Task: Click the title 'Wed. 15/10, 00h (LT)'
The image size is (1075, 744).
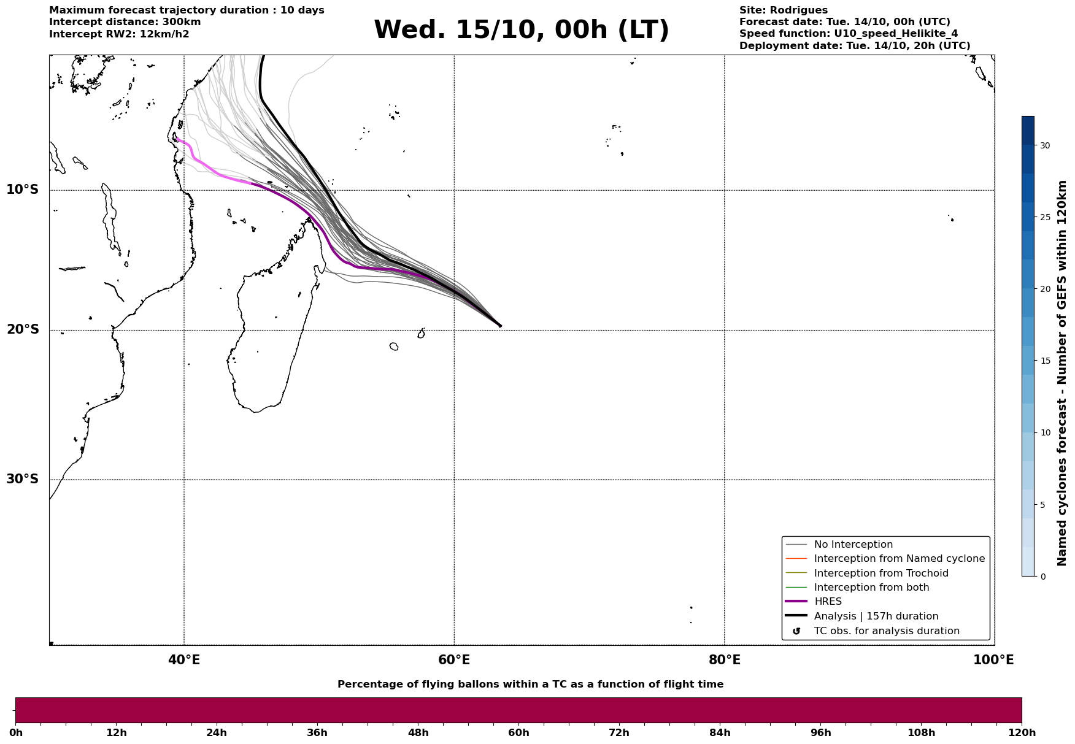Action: pyautogui.click(x=521, y=30)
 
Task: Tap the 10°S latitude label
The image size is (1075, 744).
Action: pyautogui.click(x=23, y=190)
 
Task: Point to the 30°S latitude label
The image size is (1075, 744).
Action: pyautogui.click(x=23, y=479)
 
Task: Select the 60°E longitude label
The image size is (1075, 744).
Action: pyautogui.click(x=454, y=660)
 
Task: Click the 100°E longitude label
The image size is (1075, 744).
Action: pyautogui.click(x=993, y=660)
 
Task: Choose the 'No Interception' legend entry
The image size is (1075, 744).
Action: pyautogui.click(x=853, y=545)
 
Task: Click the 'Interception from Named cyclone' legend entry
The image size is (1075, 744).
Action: pyautogui.click(x=899, y=559)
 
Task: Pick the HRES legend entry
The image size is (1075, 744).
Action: pyautogui.click(x=828, y=602)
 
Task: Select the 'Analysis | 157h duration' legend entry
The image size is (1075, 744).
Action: pyautogui.click(x=876, y=616)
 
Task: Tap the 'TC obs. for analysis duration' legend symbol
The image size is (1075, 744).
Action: pyautogui.click(x=796, y=631)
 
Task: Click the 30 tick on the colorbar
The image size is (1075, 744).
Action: pyautogui.click(x=1044, y=145)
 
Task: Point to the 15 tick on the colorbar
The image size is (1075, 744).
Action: pyautogui.click(x=1044, y=361)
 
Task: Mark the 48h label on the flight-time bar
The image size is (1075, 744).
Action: pyautogui.click(x=418, y=733)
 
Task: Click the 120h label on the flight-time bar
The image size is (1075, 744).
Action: pyautogui.click(x=1022, y=733)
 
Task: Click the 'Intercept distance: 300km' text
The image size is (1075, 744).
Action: pyautogui.click(x=125, y=22)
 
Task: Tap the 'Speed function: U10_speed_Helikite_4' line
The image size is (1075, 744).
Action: pyautogui.click(x=848, y=34)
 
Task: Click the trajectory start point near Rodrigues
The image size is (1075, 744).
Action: pyautogui.click(x=499, y=326)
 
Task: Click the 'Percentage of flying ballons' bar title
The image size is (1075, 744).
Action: pyautogui.click(x=530, y=685)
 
